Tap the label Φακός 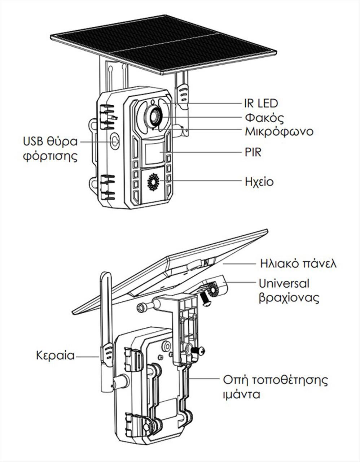click(x=264, y=118)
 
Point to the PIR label click(x=253, y=152)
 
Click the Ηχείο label click(x=259, y=181)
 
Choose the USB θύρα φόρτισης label click(x=50, y=149)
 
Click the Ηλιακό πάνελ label click(x=298, y=263)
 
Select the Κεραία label click(x=55, y=355)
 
